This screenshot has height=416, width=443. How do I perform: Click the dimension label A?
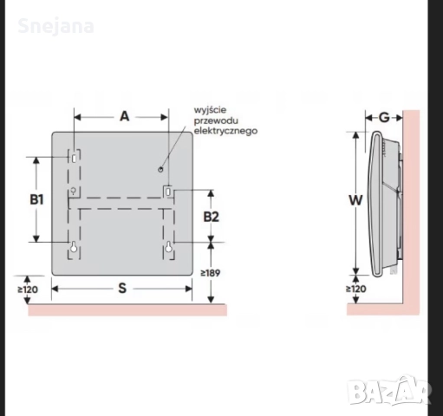[123, 116]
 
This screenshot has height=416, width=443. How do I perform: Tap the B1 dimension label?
[36, 198]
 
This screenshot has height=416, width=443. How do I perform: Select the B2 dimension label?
[211, 216]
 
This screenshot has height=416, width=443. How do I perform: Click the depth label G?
[383, 117]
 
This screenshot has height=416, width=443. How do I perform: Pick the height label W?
[355, 198]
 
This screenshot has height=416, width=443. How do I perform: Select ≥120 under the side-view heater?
[355, 288]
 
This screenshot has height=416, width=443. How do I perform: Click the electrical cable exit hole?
[162, 171]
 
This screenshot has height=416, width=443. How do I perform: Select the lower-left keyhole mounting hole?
[74, 248]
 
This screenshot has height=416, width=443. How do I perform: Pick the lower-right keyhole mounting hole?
[169, 249]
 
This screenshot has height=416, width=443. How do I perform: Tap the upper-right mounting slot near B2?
[169, 190]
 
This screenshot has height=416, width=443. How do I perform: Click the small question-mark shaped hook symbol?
[75, 192]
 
